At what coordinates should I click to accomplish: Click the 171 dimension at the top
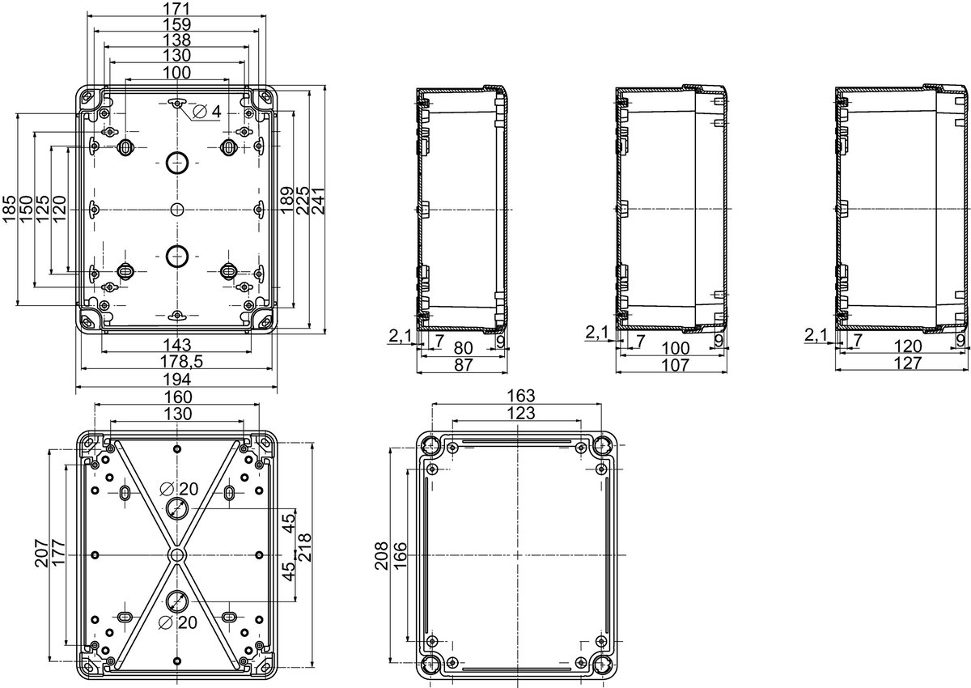click(177, 8)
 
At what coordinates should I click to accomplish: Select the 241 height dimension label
click(317, 201)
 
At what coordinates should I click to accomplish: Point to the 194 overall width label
click(177, 380)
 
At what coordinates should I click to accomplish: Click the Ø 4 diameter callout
click(206, 112)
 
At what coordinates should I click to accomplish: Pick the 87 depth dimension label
click(463, 365)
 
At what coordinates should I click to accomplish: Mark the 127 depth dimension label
click(908, 363)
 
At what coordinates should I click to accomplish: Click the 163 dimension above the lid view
click(521, 395)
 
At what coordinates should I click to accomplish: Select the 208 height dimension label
click(381, 555)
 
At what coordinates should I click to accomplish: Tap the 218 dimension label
click(304, 547)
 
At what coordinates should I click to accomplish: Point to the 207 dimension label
click(42, 553)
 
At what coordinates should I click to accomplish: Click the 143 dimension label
click(177, 345)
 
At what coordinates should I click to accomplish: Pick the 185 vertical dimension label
click(10, 209)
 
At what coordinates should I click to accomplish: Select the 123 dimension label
click(521, 413)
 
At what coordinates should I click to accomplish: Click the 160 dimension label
click(178, 397)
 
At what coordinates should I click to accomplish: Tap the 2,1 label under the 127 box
click(816, 335)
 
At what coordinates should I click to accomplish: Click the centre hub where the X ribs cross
click(176, 555)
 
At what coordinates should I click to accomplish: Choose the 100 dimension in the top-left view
click(177, 72)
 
